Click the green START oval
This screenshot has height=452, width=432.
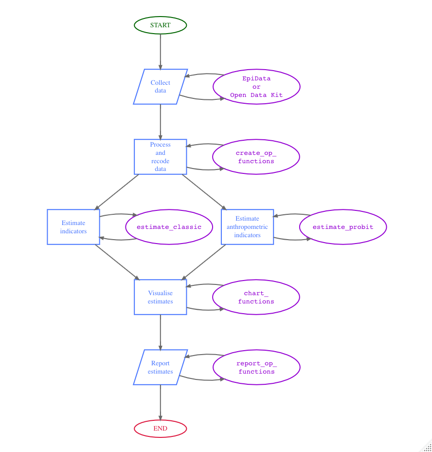(x=160, y=25)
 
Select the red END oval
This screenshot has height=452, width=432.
(x=160, y=429)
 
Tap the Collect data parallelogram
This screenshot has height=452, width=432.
(x=160, y=87)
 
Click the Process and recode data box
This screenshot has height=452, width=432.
(x=160, y=157)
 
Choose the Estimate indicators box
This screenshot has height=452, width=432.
(x=73, y=227)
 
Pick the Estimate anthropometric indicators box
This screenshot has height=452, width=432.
(x=247, y=227)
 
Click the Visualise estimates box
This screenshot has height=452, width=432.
(x=160, y=297)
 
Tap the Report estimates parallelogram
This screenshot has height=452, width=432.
(x=160, y=367)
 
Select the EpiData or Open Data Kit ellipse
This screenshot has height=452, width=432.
(x=256, y=87)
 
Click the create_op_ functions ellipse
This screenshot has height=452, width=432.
(x=256, y=157)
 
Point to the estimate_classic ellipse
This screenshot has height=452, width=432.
(x=169, y=227)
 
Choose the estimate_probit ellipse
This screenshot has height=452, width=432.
(x=343, y=227)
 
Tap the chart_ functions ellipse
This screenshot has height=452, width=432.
(x=256, y=297)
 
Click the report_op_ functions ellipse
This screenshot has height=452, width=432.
(x=256, y=367)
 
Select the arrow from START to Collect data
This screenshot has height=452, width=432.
(x=160, y=51)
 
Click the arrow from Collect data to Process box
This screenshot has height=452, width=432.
(x=160, y=122)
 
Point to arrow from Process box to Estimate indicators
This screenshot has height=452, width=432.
(x=117, y=192)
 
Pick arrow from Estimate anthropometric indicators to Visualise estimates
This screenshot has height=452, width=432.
(x=204, y=262)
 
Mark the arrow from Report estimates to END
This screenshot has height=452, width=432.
(x=160, y=402)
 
